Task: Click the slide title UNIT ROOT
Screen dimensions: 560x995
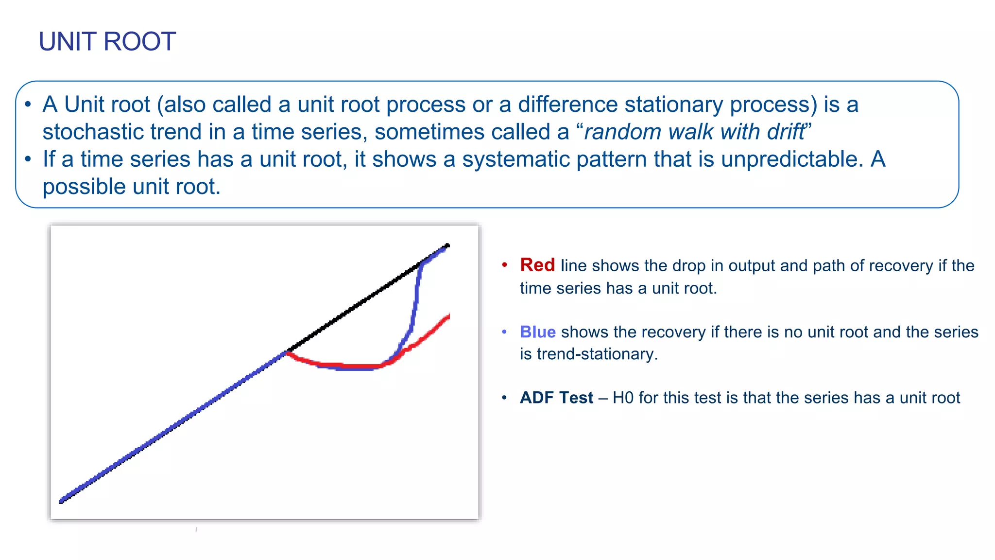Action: (x=107, y=41)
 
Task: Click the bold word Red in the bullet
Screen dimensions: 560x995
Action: (x=537, y=265)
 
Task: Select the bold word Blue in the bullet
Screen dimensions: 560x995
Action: (x=537, y=332)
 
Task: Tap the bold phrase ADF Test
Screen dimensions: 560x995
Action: (x=556, y=398)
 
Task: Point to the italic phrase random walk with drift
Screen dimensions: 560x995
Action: (x=695, y=132)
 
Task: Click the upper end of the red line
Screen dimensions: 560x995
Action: (x=448, y=317)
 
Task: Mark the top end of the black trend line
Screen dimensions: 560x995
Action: (x=447, y=246)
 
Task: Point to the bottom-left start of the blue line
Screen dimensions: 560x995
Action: (x=62, y=501)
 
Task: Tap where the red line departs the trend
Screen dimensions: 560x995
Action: (x=288, y=353)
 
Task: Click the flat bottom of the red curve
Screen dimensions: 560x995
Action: (x=357, y=366)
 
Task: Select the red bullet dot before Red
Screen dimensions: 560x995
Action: (x=504, y=265)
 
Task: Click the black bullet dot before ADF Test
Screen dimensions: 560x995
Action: (x=504, y=398)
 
